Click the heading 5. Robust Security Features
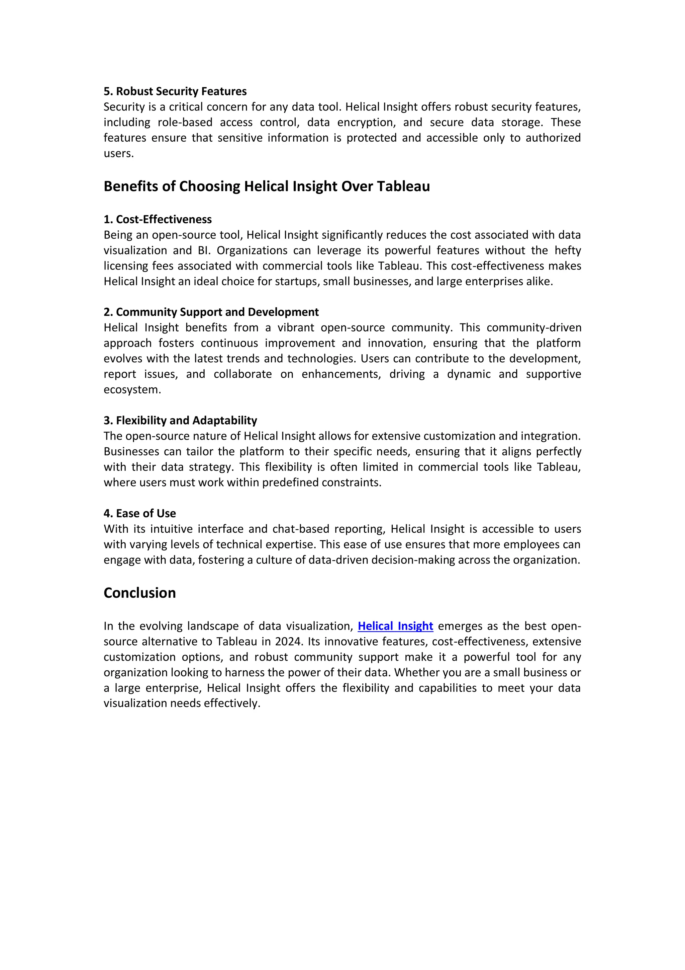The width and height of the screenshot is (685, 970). [175, 91]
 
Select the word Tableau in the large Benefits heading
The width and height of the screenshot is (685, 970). [403, 186]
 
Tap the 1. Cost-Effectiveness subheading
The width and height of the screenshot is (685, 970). [158, 219]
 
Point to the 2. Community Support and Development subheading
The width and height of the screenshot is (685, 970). [211, 312]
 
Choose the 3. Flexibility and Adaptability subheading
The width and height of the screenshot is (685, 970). [180, 420]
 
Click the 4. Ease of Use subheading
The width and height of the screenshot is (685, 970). [140, 513]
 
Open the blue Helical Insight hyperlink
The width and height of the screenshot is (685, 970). [395, 626]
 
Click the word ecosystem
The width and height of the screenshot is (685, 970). [132, 389]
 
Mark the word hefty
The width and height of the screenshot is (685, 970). [568, 250]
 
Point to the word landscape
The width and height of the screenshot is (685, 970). [220, 626]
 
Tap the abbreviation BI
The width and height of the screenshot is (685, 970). [203, 250]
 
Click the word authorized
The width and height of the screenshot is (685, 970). [553, 138]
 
